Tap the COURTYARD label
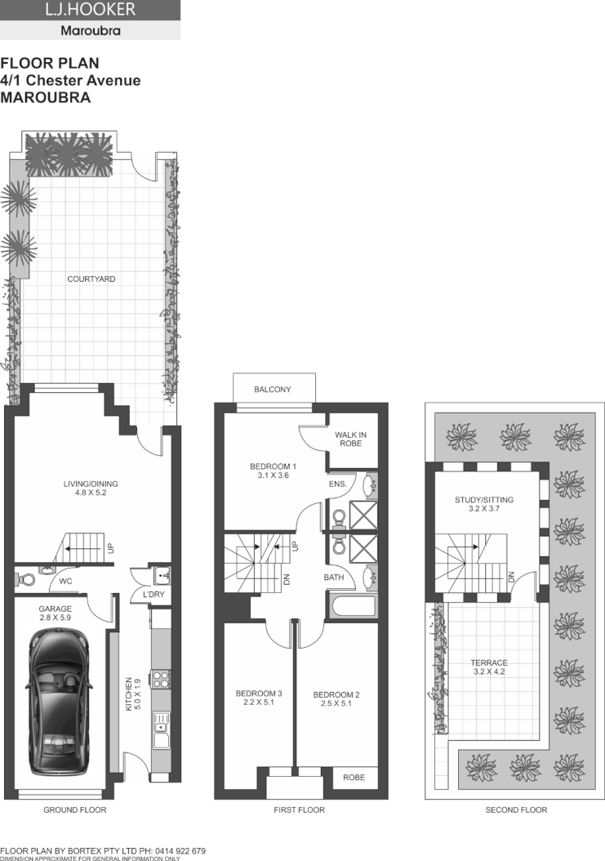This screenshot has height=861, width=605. pos(91,279)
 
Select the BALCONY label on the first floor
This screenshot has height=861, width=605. pos(272,390)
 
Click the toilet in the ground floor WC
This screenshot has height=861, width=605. pos(26,579)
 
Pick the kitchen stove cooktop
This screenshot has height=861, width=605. pos(161,677)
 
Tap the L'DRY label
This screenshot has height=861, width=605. pos(154,595)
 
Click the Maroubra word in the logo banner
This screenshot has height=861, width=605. pos(91,32)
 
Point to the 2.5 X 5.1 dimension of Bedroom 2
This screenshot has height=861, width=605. pos(336,705)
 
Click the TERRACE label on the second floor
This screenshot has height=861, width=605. pos(489,662)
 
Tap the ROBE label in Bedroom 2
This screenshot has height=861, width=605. pos(354,778)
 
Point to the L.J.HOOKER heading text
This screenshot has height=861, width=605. pos(91,11)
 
